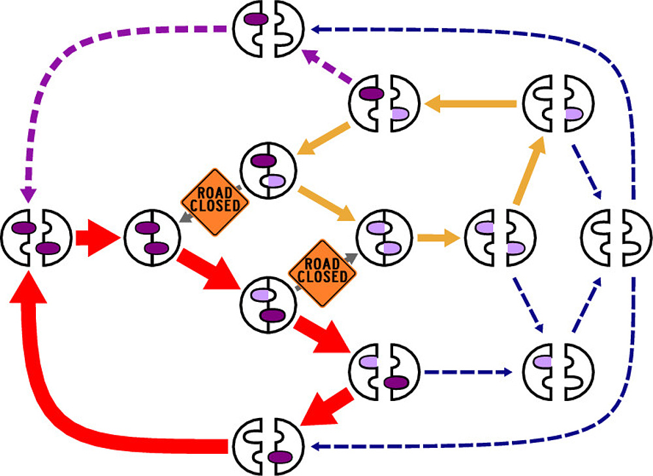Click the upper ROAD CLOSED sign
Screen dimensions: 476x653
(215, 198)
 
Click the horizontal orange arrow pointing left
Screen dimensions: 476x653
(470, 102)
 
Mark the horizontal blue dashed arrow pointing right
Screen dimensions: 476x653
(467, 373)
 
